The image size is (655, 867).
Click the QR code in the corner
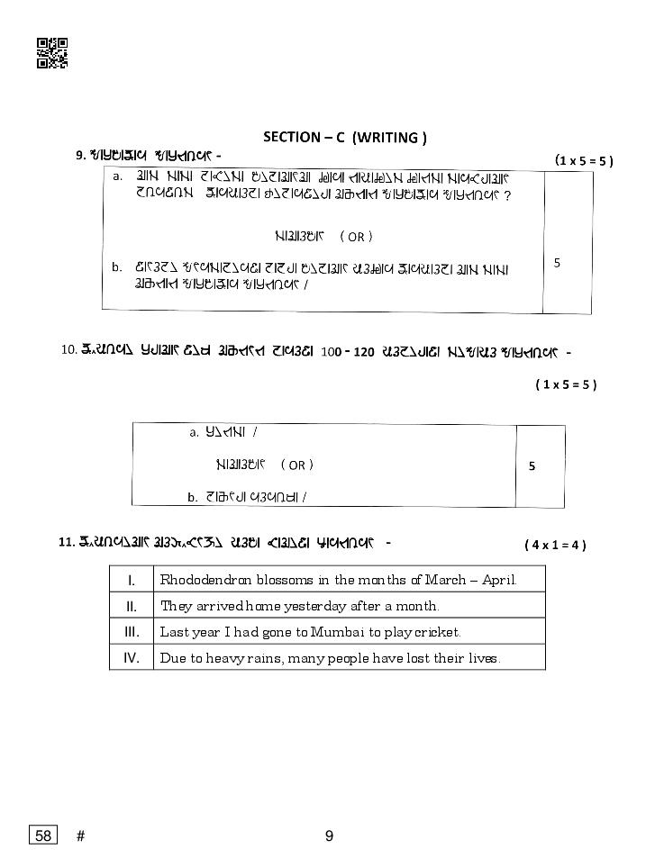pos(51,53)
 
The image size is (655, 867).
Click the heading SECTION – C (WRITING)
pos(344,137)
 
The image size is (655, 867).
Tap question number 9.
pos(80,156)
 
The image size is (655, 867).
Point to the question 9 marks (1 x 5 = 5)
pos(584,160)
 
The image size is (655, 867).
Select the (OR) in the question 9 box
pos(356,237)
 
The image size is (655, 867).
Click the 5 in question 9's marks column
pos(557,263)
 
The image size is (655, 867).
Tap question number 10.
pos(68,350)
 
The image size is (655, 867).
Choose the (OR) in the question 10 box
pos(296,465)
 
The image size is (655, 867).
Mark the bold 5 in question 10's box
pos(532,466)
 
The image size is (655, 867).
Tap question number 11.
pos(65,542)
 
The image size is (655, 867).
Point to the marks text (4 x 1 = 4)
pos(555,545)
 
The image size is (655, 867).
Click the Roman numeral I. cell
pos(132,579)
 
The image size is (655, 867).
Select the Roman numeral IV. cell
pos(132,657)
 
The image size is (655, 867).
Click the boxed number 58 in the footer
pos(42,835)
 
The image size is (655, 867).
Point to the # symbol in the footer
pos(81,835)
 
